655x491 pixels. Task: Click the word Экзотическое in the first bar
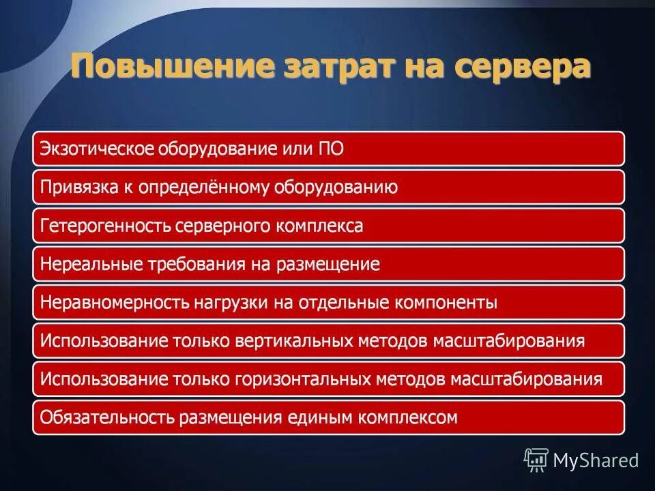96,149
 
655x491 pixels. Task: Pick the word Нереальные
85,264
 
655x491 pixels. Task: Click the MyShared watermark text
596,460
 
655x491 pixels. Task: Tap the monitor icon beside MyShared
536,460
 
